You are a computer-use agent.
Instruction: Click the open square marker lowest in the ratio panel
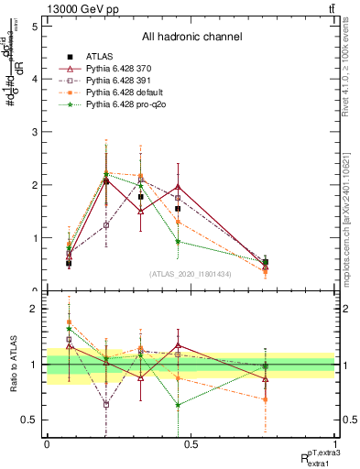click(106, 404)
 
